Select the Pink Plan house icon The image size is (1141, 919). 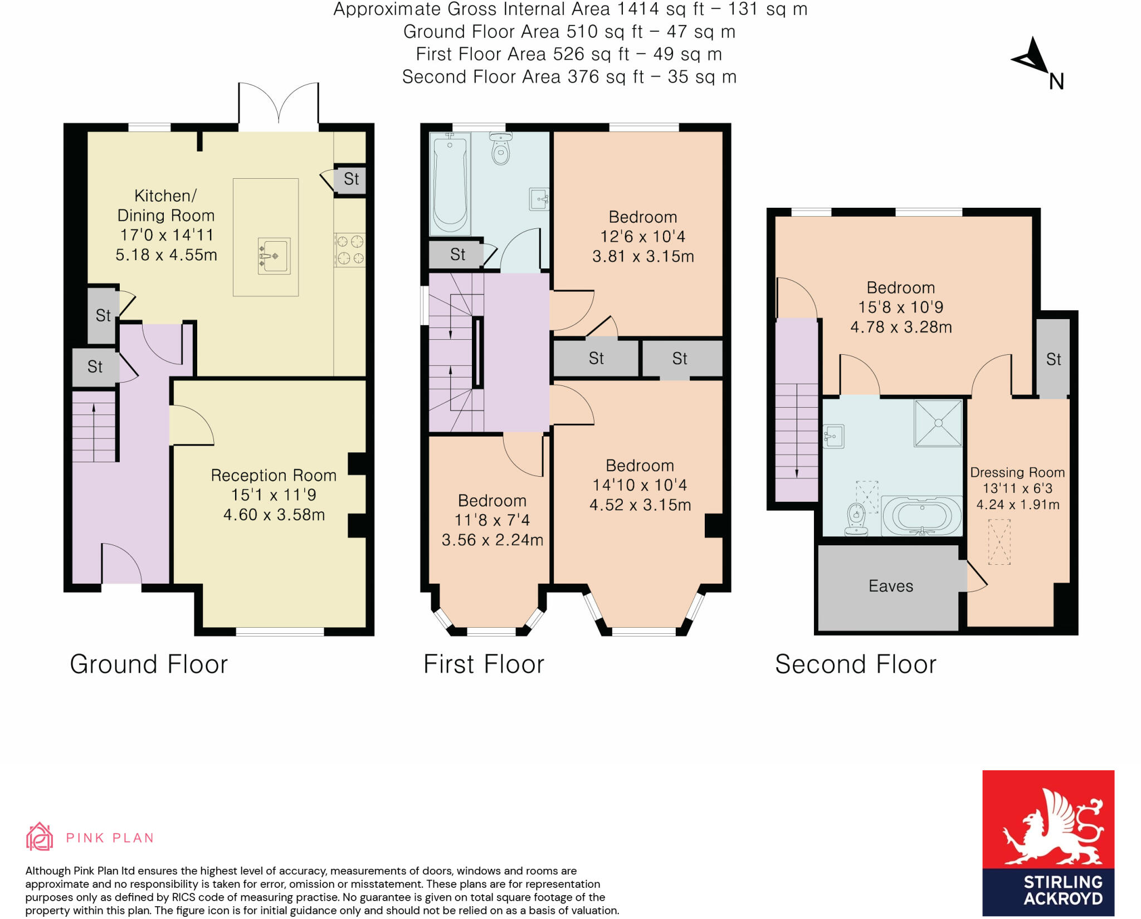[40, 837]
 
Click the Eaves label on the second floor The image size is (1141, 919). [891, 586]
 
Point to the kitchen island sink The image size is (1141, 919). [274, 256]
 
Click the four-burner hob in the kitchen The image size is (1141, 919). [350, 250]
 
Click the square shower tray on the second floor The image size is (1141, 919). [938, 423]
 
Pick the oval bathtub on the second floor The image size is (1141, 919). [923, 515]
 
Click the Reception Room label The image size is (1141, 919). [274, 475]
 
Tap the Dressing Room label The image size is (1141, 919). [1017, 472]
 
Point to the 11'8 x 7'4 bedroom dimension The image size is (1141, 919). [492, 520]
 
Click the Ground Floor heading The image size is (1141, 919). [149, 664]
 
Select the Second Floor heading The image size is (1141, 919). [856, 664]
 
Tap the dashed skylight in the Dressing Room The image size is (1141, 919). [999, 542]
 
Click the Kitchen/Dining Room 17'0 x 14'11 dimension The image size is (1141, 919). [167, 235]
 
